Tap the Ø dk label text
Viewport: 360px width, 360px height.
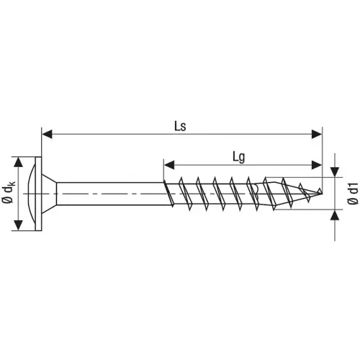click(7, 193)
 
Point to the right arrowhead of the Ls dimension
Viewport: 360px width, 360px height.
click(318, 133)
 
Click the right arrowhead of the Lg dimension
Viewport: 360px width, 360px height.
click(318, 163)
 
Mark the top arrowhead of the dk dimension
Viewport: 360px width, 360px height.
click(18, 161)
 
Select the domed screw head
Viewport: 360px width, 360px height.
click(30, 193)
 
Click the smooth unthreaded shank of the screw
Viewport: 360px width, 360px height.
click(108, 193)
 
